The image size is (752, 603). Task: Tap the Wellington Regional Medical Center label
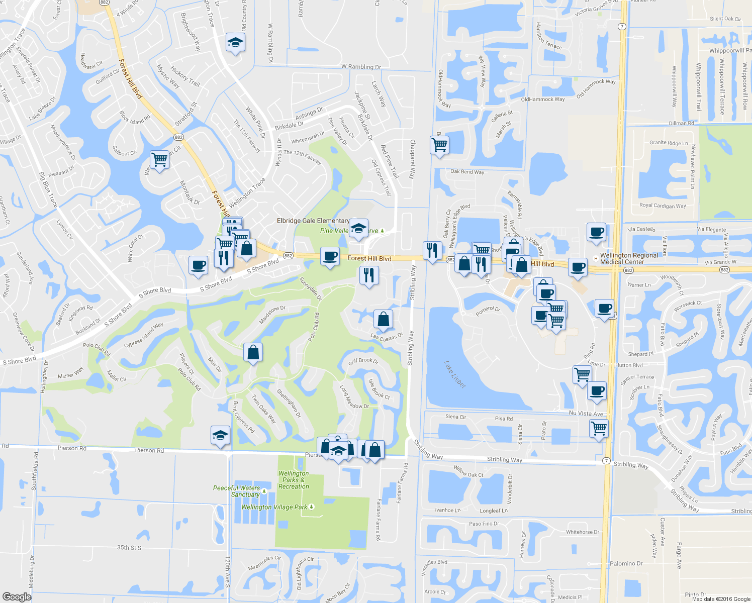click(628, 259)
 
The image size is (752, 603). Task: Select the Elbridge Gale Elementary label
click(313, 221)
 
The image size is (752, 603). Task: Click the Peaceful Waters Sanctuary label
click(237, 491)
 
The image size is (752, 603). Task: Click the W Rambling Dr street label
click(361, 67)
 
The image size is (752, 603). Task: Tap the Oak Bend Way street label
click(467, 172)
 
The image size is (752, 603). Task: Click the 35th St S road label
click(129, 547)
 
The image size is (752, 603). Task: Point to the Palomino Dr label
click(626, 564)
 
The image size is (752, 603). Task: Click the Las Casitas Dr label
click(387, 337)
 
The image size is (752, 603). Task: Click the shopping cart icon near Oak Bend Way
click(440, 145)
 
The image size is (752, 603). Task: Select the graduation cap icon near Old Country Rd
click(235, 43)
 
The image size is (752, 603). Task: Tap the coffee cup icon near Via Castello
click(596, 233)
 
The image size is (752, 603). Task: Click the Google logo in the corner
click(17, 596)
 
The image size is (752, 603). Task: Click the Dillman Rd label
click(681, 123)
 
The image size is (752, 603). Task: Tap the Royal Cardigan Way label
click(662, 206)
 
